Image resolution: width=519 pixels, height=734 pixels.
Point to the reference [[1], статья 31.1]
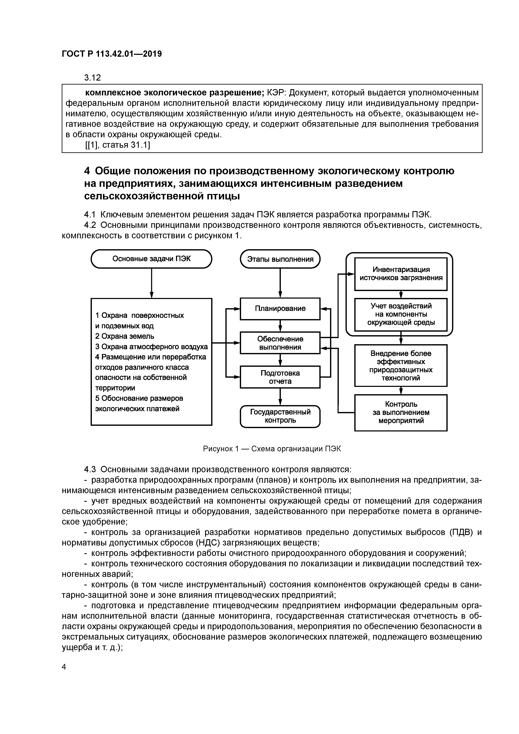click(117, 145)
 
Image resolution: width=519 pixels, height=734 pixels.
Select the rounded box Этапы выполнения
click(280, 259)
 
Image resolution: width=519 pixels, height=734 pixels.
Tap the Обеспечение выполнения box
click(280, 343)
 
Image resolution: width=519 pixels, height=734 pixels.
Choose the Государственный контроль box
click(280, 416)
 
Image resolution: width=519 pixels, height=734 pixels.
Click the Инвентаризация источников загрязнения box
click(401, 274)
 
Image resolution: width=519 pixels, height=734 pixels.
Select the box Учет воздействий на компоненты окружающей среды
click(401, 314)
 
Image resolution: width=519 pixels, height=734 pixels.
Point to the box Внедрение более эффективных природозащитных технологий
click(401, 365)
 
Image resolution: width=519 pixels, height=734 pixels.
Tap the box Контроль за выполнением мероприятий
click(401, 412)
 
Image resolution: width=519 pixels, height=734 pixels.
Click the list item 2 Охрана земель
click(125, 336)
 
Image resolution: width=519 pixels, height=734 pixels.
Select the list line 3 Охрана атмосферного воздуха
click(151, 347)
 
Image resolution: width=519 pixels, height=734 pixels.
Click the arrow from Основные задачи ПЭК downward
click(151, 283)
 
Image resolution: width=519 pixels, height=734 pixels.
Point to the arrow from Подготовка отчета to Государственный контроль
click(280, 397)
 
